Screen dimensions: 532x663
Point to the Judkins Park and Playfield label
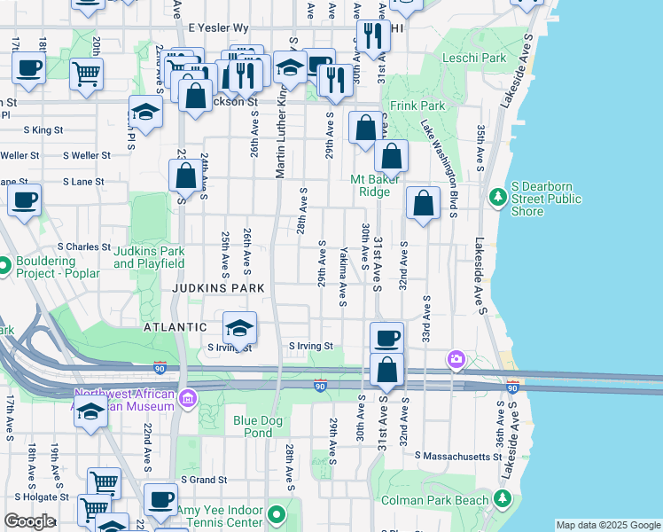pos(149,257)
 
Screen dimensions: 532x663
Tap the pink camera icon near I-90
pos(456,359)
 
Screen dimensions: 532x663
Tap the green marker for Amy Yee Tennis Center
pos(277,513)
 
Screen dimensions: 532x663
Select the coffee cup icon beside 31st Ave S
pos(386,337)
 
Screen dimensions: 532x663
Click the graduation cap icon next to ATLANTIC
pos(239,327)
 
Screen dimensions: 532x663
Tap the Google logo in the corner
pos(29,521)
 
